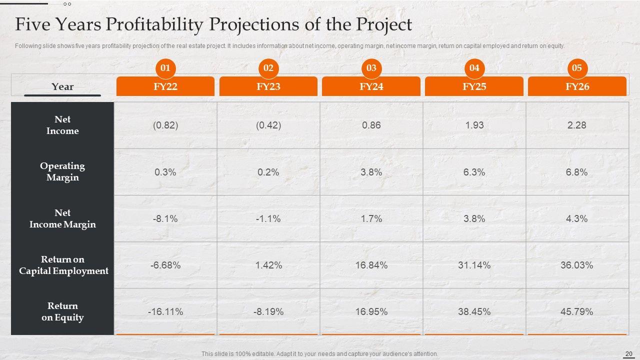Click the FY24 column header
click(371, 86)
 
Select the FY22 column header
click(165, 86)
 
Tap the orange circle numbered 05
click(577, 68)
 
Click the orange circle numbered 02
click(268, 68)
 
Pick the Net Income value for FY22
click(165, 125)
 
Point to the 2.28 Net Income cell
click(577, 125)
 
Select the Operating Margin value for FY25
click(474, 172)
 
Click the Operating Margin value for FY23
click(268, 172)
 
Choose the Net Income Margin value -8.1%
click(165, 218)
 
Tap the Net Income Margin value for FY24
click(371, 218)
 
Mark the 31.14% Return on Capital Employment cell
click(474, 265)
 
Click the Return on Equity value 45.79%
click(577, 311)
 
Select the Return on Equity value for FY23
click(268, 311)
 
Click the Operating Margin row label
click(62, 171)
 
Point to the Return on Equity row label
click(62, 311)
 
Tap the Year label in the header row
click(62, 87)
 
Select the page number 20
click(629, 354)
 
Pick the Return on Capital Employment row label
click(63, 265)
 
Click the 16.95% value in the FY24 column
click(371, 311)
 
